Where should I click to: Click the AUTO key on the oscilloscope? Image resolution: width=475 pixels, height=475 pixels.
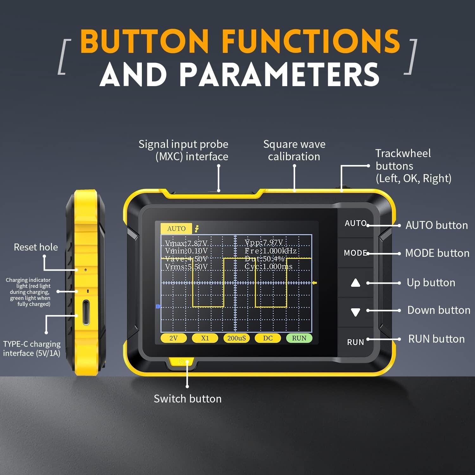(355, 223)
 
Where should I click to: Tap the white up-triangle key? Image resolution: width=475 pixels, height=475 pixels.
(356, 283)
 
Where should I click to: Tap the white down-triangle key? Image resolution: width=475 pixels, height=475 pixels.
(356, 312)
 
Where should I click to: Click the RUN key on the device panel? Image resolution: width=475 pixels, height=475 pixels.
(355, 342)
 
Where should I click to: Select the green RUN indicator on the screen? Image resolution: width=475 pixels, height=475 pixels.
(299, 338)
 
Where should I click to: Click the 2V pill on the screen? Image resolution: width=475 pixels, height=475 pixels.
(174, 338)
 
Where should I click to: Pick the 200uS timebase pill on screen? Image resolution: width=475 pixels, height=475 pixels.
(236, 338)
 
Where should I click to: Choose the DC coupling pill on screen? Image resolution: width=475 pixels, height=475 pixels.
(268, 338)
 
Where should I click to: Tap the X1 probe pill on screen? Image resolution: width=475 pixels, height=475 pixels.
(205, 338)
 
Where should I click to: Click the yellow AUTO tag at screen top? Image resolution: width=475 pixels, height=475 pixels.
(176, 229)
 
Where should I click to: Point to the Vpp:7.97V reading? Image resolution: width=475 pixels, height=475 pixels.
(264, 243)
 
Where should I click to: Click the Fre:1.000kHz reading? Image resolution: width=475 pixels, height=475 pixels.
(270, 251)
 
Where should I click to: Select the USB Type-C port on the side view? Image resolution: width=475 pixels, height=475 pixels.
(86, 313)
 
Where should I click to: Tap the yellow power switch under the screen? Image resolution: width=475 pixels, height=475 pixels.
(181, 362)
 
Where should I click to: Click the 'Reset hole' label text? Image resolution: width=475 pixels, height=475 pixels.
(36, 247)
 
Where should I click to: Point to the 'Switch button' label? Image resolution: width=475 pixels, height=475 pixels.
(187, 399)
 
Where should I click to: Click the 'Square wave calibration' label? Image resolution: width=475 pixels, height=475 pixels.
(294, 150)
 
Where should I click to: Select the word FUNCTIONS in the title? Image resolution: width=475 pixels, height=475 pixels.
(311, 41)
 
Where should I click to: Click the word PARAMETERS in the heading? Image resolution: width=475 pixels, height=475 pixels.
(279, 75)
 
